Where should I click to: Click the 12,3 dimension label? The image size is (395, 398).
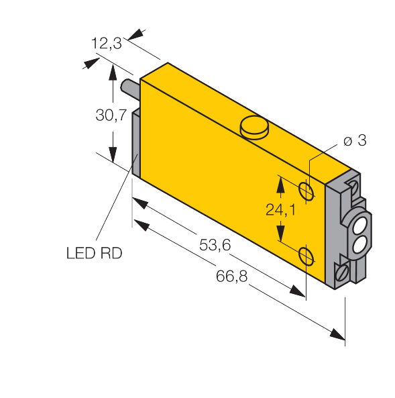tap(107, 43)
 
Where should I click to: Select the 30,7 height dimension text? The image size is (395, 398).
tap(111, 115)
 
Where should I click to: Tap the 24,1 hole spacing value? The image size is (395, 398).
tap(280, 210)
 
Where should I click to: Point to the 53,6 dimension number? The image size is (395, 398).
tap(215, 245)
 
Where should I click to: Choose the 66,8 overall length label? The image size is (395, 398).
tap(231, 276)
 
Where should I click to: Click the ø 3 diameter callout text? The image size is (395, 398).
tap(355, 140)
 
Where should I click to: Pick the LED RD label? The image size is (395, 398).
tap(94, 253)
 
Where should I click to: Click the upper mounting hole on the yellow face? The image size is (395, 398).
tap(306, 191)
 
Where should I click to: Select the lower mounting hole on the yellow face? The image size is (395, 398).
tap(306, 256)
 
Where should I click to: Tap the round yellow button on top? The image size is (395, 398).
tap(254, 128)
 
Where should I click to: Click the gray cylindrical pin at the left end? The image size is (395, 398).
tap(129, 89)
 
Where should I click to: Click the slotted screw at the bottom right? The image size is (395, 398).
tap(341, 273)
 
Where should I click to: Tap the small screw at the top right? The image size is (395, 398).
tap(353, 187)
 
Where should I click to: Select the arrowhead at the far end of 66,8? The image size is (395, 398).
tap(337, 334)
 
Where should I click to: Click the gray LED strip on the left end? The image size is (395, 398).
tap(135, 143)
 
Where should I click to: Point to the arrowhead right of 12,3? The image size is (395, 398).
tap(135, 34)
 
